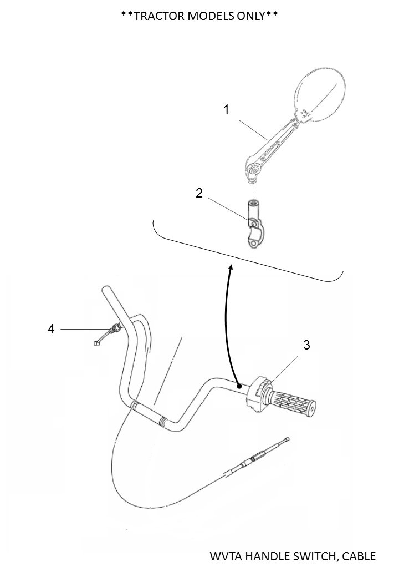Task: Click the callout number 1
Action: point(226,109)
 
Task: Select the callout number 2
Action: point(199,193)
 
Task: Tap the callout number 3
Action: point(307,345)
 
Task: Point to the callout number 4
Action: point(51,329)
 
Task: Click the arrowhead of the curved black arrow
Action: point(230,269)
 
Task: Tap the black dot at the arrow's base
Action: point(238,385)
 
